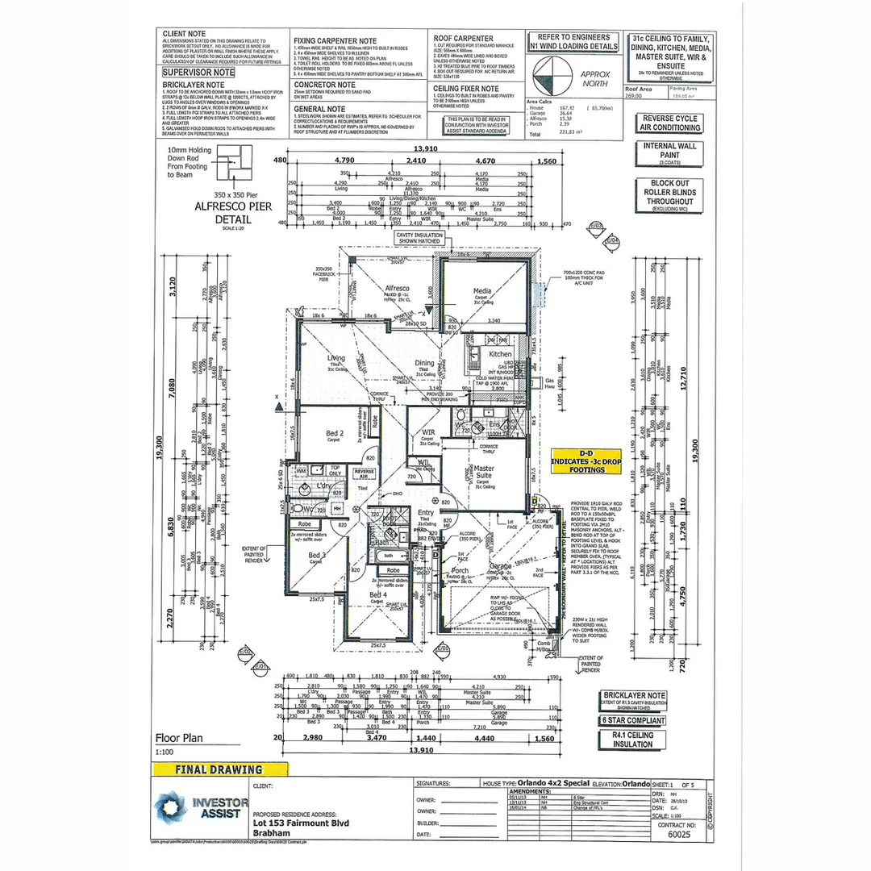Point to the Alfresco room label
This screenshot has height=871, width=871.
coord(397,288)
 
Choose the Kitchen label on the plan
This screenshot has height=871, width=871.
coord(500,353)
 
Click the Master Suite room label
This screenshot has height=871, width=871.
coord(484,473)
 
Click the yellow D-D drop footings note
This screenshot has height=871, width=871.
coord(586,461)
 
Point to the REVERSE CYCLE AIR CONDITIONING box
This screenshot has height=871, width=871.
coord(669,123)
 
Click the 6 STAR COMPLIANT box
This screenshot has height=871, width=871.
coord(634,719)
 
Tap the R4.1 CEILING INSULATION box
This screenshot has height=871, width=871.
coord(634,740)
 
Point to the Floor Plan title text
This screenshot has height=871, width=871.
coord(179,737)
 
